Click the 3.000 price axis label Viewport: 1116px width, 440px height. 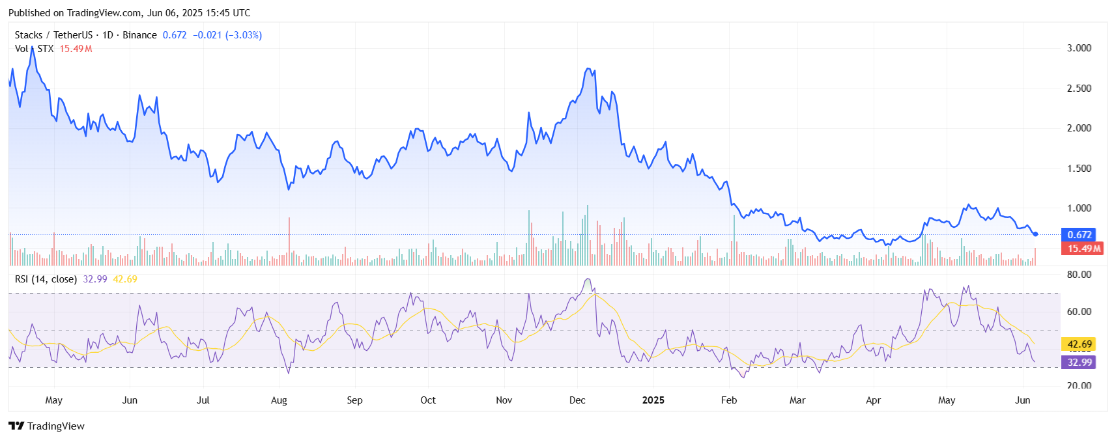[1079, 48]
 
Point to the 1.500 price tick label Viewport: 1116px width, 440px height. [1079, 169]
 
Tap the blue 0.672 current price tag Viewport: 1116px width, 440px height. [1079, 235]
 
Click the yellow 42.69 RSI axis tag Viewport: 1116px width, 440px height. [1079, 344]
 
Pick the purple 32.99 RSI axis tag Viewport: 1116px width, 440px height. [1079, 363]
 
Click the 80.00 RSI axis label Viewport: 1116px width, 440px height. [1079, 275]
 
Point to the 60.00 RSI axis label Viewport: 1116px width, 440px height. [1079, 312]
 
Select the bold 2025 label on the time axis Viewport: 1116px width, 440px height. [653, 400]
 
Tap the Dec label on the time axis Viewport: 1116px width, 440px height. [577, 400]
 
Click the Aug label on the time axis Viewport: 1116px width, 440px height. [279, 400]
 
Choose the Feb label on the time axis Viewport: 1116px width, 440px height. [729, 400]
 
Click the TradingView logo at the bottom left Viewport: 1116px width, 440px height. [46, 426]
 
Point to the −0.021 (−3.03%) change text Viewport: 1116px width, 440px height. [227, 35]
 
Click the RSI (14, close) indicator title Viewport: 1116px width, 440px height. [46, 279]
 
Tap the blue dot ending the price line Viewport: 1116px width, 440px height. [1035, 234]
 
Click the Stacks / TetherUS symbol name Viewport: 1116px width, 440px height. [53, 35]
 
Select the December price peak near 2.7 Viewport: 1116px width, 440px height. [588, 69]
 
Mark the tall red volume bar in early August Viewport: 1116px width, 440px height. [289, 241]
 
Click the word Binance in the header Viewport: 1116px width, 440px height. [139, 35]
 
